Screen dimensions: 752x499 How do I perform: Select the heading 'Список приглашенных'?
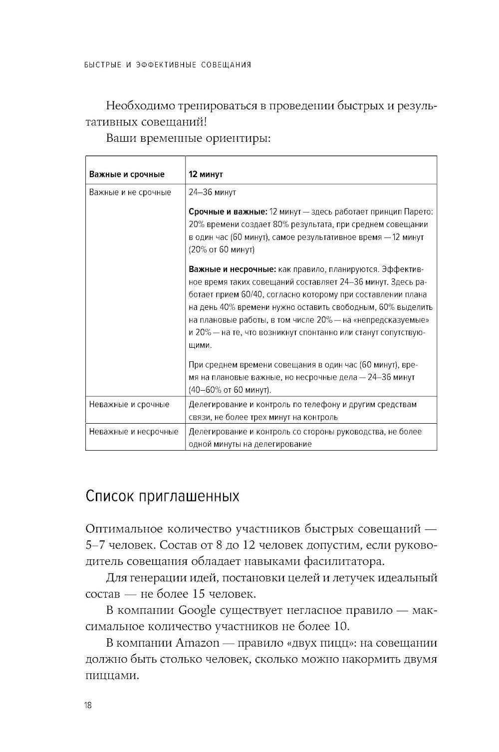tap(162, 497)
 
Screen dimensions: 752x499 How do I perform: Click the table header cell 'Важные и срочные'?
tap(127, 175)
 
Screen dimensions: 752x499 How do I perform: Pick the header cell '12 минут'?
tap(206, 175)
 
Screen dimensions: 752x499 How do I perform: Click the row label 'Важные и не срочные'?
tap(130, 192)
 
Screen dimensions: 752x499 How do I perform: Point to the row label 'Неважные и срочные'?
tap(129, 404)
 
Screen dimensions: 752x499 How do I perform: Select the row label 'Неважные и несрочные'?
tap(133, 432)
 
